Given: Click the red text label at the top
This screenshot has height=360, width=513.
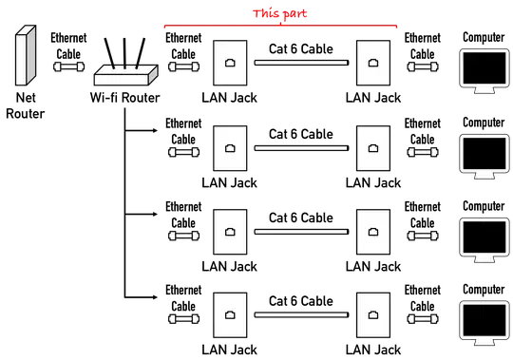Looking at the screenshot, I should pos(281,13).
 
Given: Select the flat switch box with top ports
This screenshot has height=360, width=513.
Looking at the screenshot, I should pos(125,74).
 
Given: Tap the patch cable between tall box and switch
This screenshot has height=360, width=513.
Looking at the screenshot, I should pos(67,68).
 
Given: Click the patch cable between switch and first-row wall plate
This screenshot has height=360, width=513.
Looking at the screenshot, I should pos(183,68).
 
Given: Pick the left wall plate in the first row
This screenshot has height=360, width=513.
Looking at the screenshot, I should pos(230,65).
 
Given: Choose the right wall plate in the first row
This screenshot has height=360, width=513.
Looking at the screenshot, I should pos(371,65).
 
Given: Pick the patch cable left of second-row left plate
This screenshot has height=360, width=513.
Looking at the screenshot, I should pos(183,151).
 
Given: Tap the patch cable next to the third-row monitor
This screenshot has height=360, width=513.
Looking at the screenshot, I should pos(421,235).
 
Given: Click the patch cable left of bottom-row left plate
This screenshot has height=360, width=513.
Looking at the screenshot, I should pos(183,317).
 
